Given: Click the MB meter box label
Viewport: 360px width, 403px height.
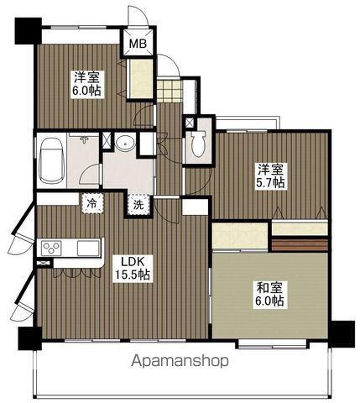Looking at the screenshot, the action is (138, 44).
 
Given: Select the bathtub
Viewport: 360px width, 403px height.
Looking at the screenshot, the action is (51, 160).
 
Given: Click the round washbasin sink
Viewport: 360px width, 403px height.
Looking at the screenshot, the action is (125, 144).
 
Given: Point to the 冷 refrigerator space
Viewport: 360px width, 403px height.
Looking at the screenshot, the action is (92, 203).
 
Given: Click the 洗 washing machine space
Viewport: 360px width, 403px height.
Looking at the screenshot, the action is (138, 205).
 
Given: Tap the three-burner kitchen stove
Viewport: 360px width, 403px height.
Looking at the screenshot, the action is (51, 248).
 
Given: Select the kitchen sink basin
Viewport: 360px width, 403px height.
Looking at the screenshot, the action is (88, 248).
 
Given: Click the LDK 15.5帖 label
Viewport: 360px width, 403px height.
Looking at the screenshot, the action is (131, 269).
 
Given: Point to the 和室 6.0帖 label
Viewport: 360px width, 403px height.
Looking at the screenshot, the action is (269, 295).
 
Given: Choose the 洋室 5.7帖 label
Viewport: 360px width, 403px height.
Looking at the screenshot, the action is (270, 176).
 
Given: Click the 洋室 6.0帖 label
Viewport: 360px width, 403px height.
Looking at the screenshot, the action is (87, 84).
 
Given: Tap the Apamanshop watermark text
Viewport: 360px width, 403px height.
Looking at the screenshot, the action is (180, 361).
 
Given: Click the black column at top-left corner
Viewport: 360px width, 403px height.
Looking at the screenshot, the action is (28, 31).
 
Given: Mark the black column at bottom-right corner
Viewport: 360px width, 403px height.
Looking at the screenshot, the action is (342, 334).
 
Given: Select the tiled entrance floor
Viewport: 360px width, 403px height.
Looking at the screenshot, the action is (169, 91).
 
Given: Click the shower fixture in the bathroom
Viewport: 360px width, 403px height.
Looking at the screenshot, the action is (83, 139).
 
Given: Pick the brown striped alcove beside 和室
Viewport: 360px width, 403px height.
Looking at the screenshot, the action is (300, 245).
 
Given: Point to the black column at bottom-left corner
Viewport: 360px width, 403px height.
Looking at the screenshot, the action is (30, 338).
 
